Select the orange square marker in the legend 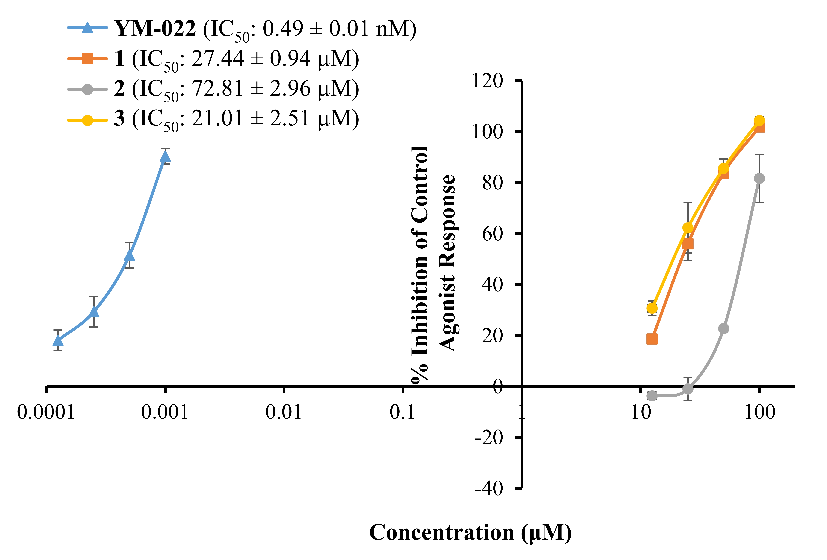88,59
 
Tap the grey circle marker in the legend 88,89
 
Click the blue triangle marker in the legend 88,28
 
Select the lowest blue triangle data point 58,341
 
